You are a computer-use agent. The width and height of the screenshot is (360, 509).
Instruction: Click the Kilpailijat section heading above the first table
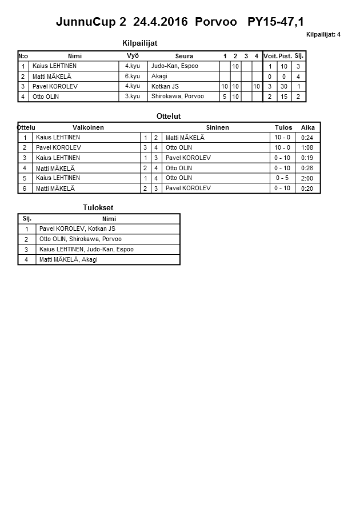140,43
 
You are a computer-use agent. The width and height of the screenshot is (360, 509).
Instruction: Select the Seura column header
184,56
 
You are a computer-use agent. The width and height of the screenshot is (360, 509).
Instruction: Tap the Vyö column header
133,55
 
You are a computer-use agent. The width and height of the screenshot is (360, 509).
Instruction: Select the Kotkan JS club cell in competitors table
165,86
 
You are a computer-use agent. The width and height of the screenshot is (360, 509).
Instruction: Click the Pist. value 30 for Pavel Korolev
285,86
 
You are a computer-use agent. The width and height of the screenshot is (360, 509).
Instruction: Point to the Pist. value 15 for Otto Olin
285,97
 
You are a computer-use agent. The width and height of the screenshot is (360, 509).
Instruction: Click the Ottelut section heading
169,117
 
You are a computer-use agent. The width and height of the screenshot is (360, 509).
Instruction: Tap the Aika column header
308,127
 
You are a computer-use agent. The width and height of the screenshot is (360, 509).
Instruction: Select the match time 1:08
307,148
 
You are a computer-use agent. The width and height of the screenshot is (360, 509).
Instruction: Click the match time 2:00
307,179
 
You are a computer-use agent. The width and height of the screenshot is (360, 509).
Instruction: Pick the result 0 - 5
282,178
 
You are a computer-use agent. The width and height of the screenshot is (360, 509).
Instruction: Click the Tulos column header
283,127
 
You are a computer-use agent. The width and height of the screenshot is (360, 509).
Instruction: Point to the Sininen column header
217,127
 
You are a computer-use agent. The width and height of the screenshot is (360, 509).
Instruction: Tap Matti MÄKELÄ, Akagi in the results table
69,259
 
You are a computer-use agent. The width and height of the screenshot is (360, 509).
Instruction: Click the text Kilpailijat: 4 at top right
323,34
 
